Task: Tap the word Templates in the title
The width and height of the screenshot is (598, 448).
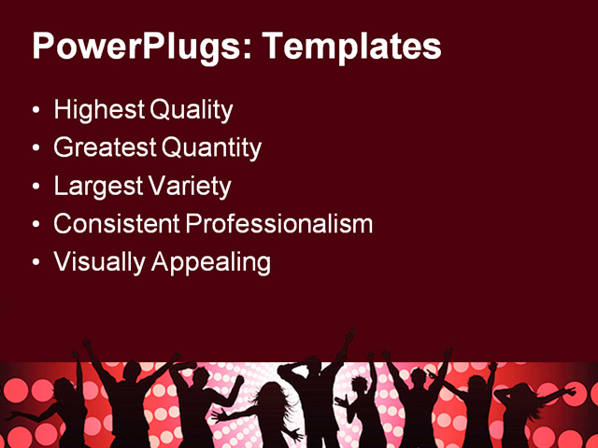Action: coord(352,47)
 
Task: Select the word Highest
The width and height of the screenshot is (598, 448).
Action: coord(97,110)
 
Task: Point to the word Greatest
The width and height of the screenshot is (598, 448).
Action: coord(106,147)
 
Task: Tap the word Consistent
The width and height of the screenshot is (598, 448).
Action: coord(117,224)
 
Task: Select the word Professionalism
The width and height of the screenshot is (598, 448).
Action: coord(278,224)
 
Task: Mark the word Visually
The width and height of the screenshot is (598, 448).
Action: coord(96,261)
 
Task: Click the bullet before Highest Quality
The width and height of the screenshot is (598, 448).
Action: coord(36,111)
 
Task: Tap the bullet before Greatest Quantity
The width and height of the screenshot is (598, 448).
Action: coord(36,148)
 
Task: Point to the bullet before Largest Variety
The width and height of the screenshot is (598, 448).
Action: coord(36,187)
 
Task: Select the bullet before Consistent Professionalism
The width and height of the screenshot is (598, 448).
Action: coord(36,225)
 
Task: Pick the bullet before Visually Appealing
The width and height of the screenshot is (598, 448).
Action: coord(36,262)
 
